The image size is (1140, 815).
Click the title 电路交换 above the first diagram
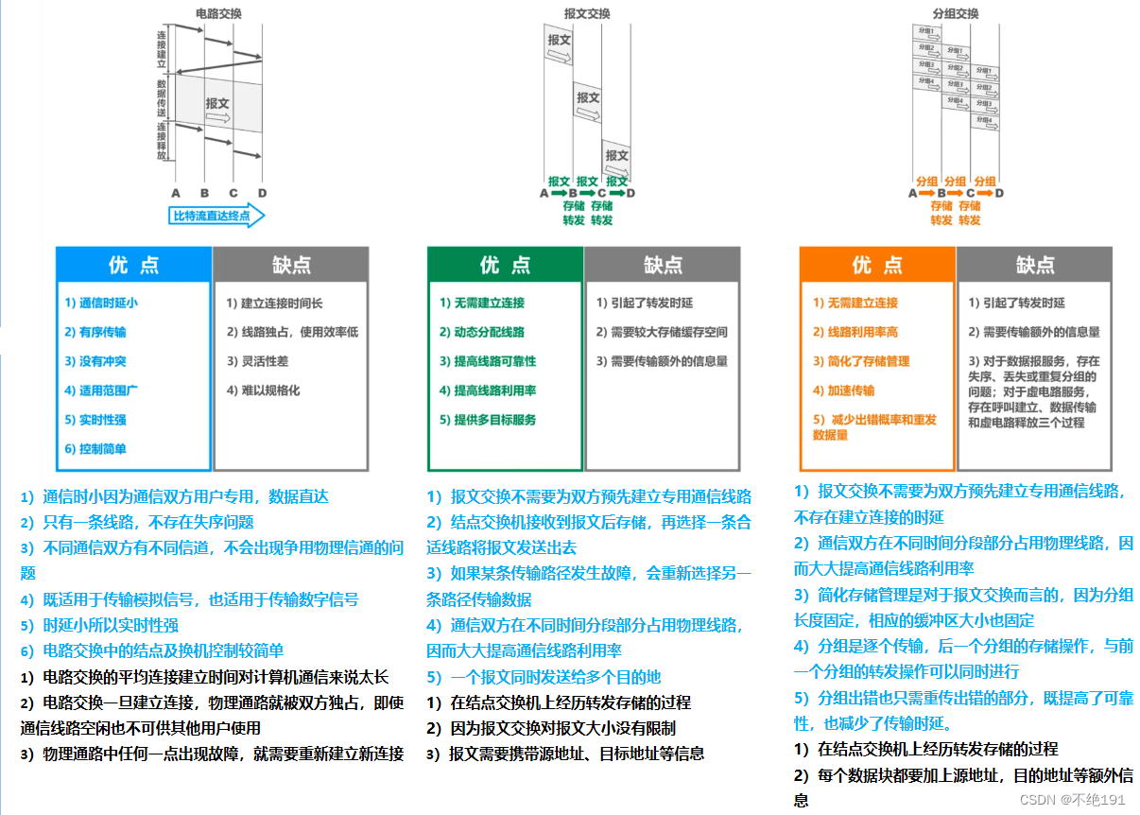coord(216,13)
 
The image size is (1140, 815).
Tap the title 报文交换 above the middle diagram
coord(587,13)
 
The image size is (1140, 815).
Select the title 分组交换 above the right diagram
coord(955,13)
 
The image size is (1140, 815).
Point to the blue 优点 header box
coord(133,265)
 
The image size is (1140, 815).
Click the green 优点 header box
coord(505,265)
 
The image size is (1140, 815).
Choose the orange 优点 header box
coord(876,265)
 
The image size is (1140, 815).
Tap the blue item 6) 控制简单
coord(95,449)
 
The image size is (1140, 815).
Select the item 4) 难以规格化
coord(263,390)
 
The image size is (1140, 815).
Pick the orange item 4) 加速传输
coord(843,390)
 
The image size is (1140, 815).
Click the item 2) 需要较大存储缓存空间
coord(662,332)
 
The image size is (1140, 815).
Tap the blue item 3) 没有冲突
coord(95,361)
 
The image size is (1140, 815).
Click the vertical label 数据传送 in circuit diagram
coord(162,98)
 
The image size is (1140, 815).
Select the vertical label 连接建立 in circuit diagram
coord(162,47)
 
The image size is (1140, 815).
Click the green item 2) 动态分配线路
coord(481,332)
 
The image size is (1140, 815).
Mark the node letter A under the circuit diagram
coord(176,193)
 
